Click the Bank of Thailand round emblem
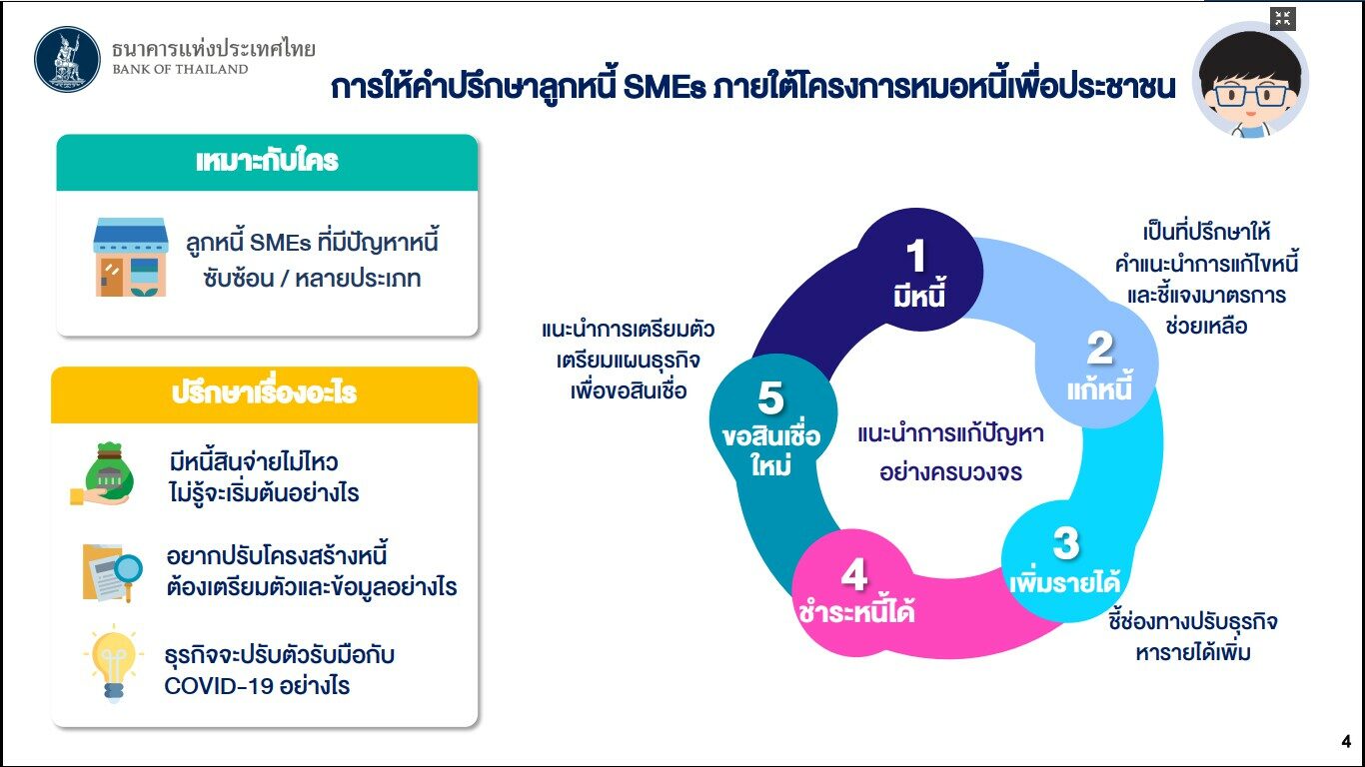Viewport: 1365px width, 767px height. click(67, 59)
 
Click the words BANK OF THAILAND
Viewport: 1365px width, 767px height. click(181, 70)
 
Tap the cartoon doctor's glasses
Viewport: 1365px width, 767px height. click(1250, 96)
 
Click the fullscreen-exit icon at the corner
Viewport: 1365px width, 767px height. click(1283, 18)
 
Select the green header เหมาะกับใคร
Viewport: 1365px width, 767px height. click(267, 162)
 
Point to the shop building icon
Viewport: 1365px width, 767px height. click(131, 257)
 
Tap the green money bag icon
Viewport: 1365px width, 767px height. click(104, 474)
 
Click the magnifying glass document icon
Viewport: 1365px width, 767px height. click(112, 572)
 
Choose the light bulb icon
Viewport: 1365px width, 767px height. click(113, 664)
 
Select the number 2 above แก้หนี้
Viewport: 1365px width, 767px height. click(1100, 349)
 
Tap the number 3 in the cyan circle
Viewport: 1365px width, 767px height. click(1066, 543)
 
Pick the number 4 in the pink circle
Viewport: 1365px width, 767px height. click(853, 574)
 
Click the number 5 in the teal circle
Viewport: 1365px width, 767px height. click(770, 397)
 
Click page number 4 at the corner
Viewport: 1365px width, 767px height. click(1346, 741)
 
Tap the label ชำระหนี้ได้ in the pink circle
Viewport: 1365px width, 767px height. click(856, 611)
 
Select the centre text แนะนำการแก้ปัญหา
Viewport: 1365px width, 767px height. click(950, 434)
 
